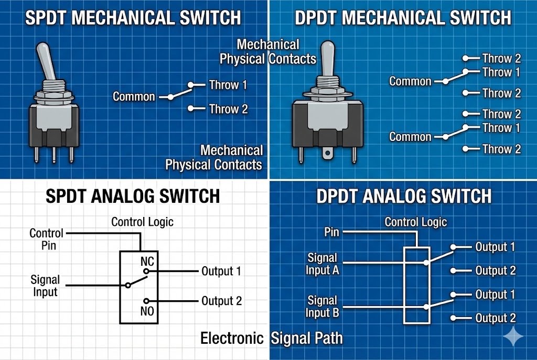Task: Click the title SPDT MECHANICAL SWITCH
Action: pos(133,17)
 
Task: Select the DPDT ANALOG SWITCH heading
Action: pos(404,196)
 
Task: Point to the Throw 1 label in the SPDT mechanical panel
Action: pos(228,85)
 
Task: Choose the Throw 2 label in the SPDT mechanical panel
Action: pos(228,109)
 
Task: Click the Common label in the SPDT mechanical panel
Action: pos(134,96)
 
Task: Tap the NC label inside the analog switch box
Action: pos(146,261)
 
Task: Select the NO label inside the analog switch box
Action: pos(146,311)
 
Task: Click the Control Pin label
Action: pos(46,238)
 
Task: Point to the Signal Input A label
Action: pos(323,264)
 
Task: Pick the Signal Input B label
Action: pos(323,307)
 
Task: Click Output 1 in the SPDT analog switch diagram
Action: pos(221,271)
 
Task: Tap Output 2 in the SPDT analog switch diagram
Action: pos(221,301)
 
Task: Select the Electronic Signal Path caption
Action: pos(272,339)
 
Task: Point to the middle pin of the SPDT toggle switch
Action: pos(55,156)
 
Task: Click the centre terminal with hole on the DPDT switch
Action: pos(329,154)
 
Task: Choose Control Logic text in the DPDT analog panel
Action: pos(416,222)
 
